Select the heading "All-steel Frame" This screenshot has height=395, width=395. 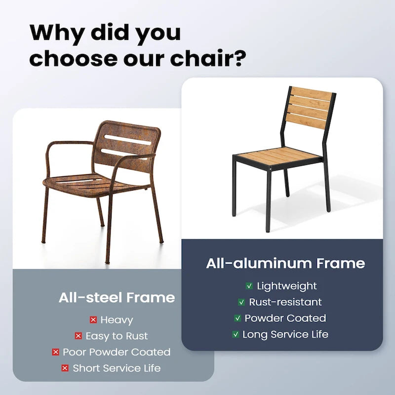(x=117, y=298)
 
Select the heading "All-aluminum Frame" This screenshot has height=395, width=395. (x=285, y=263)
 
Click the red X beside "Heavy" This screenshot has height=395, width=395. (x=93, y=320)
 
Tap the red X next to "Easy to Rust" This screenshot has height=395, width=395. (x=78, y=336)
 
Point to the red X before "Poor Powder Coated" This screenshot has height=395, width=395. (x=55, y=352)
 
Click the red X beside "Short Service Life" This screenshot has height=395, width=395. (x=65, y=368)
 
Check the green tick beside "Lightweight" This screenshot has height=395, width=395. (x=249, y=286)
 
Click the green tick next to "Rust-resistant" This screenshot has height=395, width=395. (x=241, y=302)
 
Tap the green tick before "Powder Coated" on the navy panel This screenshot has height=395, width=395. (x=237, y=318)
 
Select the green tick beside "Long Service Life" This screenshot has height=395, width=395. (x=236, y=335)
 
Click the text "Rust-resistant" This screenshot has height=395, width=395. (x=285, y=302)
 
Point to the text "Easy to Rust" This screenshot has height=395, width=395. (x=117, y=336)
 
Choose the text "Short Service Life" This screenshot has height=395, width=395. (x=117, y=368)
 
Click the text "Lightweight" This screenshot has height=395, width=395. (x=287, y=286)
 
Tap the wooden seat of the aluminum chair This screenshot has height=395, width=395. (x=279, y=157)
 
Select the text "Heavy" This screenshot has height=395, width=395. (x=117, y=320)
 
